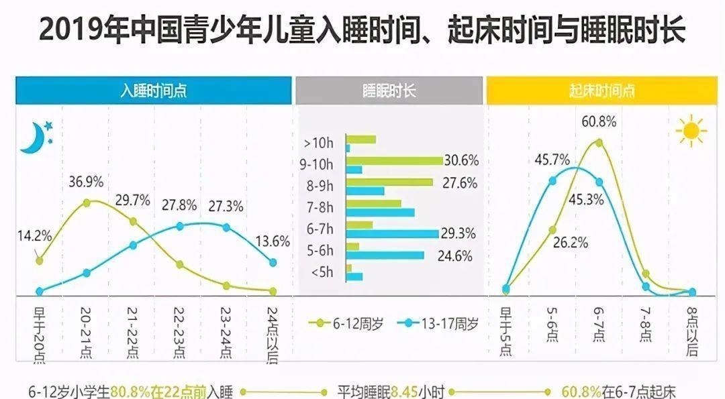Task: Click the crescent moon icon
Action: pyautogui.click(x=33, y=137)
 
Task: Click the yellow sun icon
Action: pyautogui.click(x=691, y=131)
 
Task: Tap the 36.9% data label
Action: pyautogui.click(x=86, y=182)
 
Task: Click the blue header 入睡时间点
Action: pyautogui.click(x=154, y=91)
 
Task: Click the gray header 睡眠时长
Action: pyautogui.click(x=389, y=91)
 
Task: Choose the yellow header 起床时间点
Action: pyautogui.click(x=601, y=91)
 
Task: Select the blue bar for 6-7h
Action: pyautogui.click(x=392, y=234)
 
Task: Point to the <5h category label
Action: pyautogui.click(x=324, y=272)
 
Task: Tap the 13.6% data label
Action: pyautogui.click(x=273, y=242)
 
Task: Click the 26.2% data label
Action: pyautogui.click(x=570, y=243)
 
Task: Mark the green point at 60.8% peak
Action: pyautogui.click(x=599, y=142)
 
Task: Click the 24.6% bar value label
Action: pyautogui.click(x=456, y=255)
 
